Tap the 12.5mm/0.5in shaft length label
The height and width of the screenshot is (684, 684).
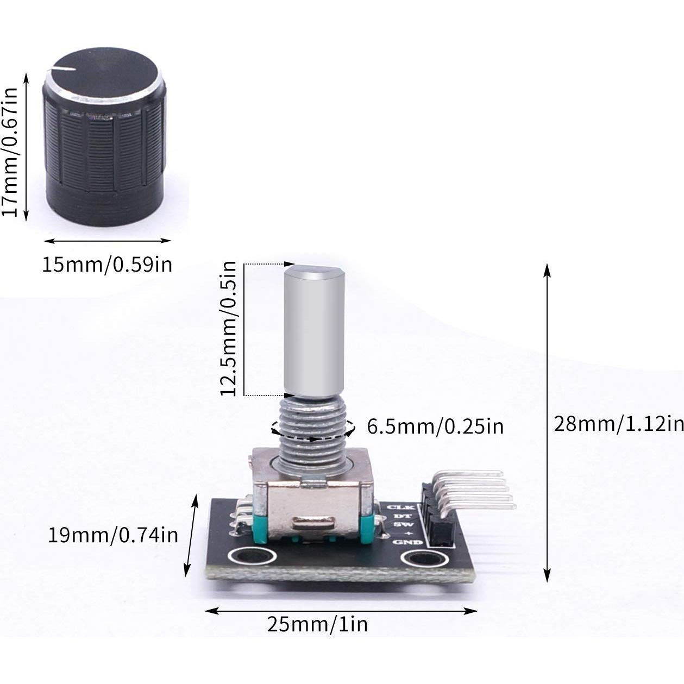coord(228,329)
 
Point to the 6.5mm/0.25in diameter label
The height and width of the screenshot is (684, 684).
coord(435,426)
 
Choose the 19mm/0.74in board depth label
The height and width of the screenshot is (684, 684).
coord(112,535)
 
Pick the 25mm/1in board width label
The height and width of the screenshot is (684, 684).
coord(317,624)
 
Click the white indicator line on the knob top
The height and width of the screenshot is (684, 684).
coord(62,69)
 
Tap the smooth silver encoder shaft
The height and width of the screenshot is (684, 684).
coord(314,331)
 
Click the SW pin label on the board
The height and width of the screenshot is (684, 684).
coord(400,524)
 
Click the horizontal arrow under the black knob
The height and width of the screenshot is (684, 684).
coord(107,241)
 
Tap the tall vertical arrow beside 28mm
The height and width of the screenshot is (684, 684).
coord(547,423)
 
